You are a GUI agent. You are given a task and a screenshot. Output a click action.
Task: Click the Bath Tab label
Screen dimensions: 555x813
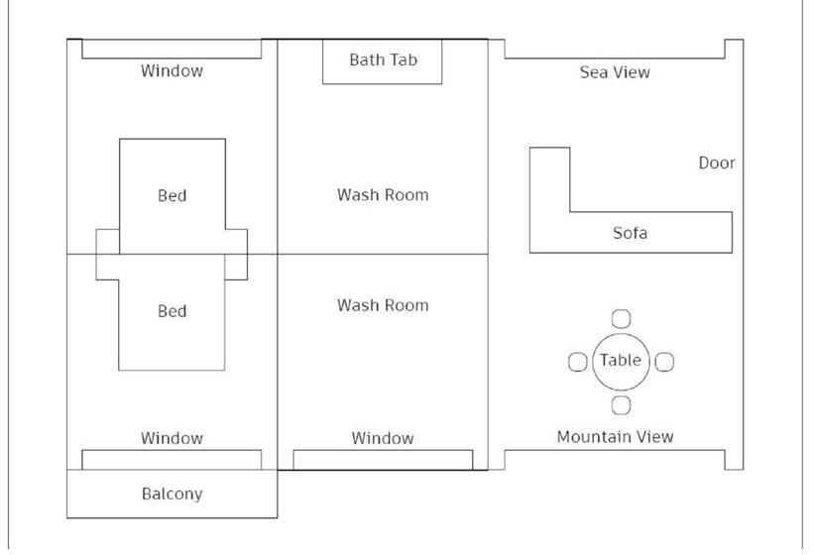pos(383,59)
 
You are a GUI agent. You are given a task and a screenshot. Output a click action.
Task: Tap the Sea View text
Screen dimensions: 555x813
pos(615,72)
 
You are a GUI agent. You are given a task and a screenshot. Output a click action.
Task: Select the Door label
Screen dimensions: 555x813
pos(717,163)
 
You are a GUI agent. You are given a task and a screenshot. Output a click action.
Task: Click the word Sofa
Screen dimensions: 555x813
pos(630,233)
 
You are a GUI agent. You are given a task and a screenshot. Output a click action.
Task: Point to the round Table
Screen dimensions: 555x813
pos(621,361)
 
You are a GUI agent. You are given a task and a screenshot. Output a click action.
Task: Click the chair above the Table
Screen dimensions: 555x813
pos(621,318)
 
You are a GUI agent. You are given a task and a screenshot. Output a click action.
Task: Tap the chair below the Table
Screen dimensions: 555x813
pos(621,404)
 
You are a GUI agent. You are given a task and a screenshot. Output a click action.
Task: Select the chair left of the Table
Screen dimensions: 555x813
pos(577,362)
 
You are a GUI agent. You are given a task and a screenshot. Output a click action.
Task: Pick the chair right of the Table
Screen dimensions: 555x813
pos(664,362)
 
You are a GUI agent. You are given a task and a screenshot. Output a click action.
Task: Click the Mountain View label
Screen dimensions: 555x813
pos(615,436)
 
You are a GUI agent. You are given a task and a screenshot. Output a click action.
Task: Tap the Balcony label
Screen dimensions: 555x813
pos(172,494)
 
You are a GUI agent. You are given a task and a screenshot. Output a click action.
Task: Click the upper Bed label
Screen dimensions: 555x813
pos(172,195)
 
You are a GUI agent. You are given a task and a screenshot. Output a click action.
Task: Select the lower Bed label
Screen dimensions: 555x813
pos(172,311)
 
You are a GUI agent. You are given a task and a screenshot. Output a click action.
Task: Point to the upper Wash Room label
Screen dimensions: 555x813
pos(383,194)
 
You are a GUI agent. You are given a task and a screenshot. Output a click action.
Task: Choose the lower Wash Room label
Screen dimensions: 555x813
pos(383,305)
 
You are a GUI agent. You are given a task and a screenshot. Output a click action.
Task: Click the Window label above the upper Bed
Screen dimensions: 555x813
pos(172,70)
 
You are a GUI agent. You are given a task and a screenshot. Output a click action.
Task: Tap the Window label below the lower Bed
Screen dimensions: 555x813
pos(172,438)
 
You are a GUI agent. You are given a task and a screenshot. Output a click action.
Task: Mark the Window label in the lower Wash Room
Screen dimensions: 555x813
pos(383,438)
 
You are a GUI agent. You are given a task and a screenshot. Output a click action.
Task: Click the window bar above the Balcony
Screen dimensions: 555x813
pos(172,460)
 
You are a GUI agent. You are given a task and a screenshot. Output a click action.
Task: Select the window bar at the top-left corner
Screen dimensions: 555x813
pos(172,49)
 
